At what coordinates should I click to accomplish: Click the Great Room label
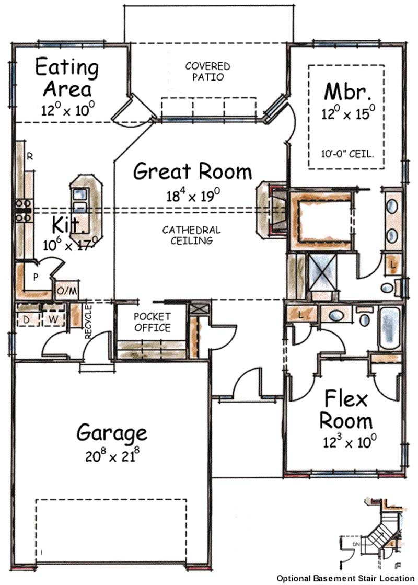(x=192, y=171)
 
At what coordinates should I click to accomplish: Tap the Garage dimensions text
(x=112, y=455)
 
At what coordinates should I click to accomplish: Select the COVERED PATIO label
(x=208, y=72)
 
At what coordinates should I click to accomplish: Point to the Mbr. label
(x=347, y=91)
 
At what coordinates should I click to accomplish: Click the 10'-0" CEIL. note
(x=347, y=153)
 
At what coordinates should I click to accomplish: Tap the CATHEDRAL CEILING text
(x=191, y=235)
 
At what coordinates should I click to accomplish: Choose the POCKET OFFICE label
(x=152, y=322)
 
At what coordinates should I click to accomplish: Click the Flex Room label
(x=346, y=410)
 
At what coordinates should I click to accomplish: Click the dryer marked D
(x=27, y=319)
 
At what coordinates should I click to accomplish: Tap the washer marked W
(x=53, y=319)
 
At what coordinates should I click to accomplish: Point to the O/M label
(x=67, y=290)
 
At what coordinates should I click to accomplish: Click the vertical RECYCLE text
(x=88, y=322)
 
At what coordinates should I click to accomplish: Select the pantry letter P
(x=36, y=277)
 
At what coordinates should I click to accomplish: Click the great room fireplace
(x=272, y=210)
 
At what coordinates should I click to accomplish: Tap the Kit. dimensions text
(x=70, y=244)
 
